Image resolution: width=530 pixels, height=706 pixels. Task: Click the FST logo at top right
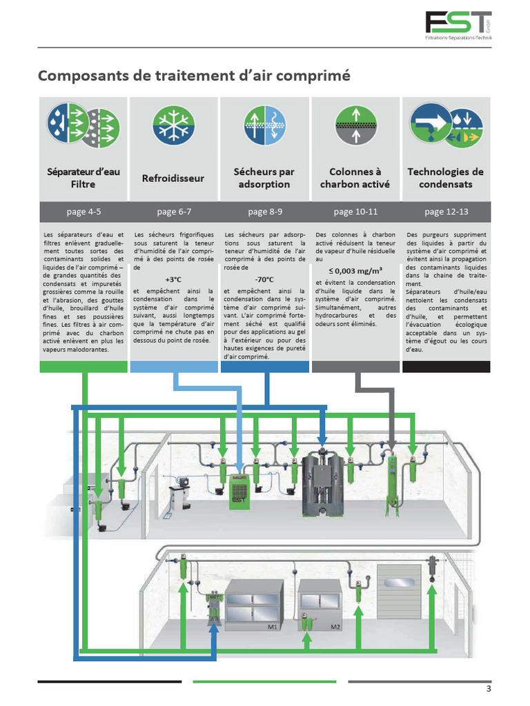click(x=458, y=27)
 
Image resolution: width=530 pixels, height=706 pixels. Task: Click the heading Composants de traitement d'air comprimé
click(x=194, y=75)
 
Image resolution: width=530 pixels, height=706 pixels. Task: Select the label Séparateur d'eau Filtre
click(x=83, y=178)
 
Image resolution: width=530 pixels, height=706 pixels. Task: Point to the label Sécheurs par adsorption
click(x=264, y=178)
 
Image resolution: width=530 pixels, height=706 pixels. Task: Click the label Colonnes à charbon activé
click(x=355, y=178)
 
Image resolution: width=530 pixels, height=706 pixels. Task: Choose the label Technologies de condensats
click(x=445, y=178)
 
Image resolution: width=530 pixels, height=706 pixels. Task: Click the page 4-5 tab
click(x=83, y=212)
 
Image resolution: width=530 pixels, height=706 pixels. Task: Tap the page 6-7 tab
click(x=173, y=212)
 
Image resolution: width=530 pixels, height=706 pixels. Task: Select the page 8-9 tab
click(x=264, y=212)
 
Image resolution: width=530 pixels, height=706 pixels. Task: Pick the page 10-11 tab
click(x=355, y=212)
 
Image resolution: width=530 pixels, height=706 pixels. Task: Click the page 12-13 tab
click(x=445, y=212)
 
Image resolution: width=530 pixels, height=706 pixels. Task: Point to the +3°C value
click(x=173, y=279)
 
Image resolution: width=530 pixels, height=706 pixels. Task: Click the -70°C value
click(x=264, y=279)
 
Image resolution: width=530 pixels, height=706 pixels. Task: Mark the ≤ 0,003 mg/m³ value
click(x=355, y=270)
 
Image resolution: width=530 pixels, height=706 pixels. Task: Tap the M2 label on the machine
click(x=335, y=627)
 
